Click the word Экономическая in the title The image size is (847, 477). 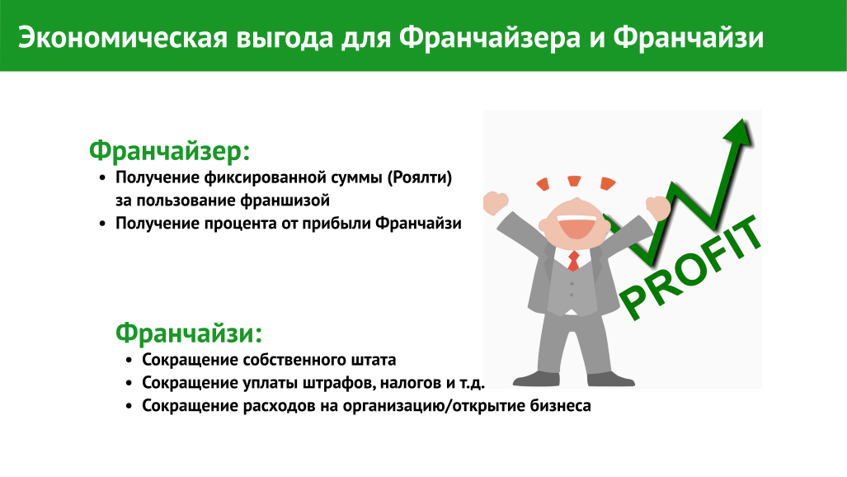click(x=123, y=39)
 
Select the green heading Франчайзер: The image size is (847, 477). click(x=170, y=150)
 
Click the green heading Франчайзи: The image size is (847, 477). click(x=189, y=333)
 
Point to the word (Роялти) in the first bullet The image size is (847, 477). click(x=419, y=178)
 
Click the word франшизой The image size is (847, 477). click(x=285, y=201)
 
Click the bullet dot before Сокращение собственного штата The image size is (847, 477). click(x=129, y=361)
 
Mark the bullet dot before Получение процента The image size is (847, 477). click(x=102, y=224)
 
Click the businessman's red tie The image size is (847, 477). click(x=573, y=261)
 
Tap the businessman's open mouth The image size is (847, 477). click(x=576, y=227)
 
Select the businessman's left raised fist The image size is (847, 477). click(x=496, y=203)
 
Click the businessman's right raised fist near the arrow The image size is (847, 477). click(x=658, y=207)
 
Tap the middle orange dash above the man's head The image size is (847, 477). click(x=574, y=181)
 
